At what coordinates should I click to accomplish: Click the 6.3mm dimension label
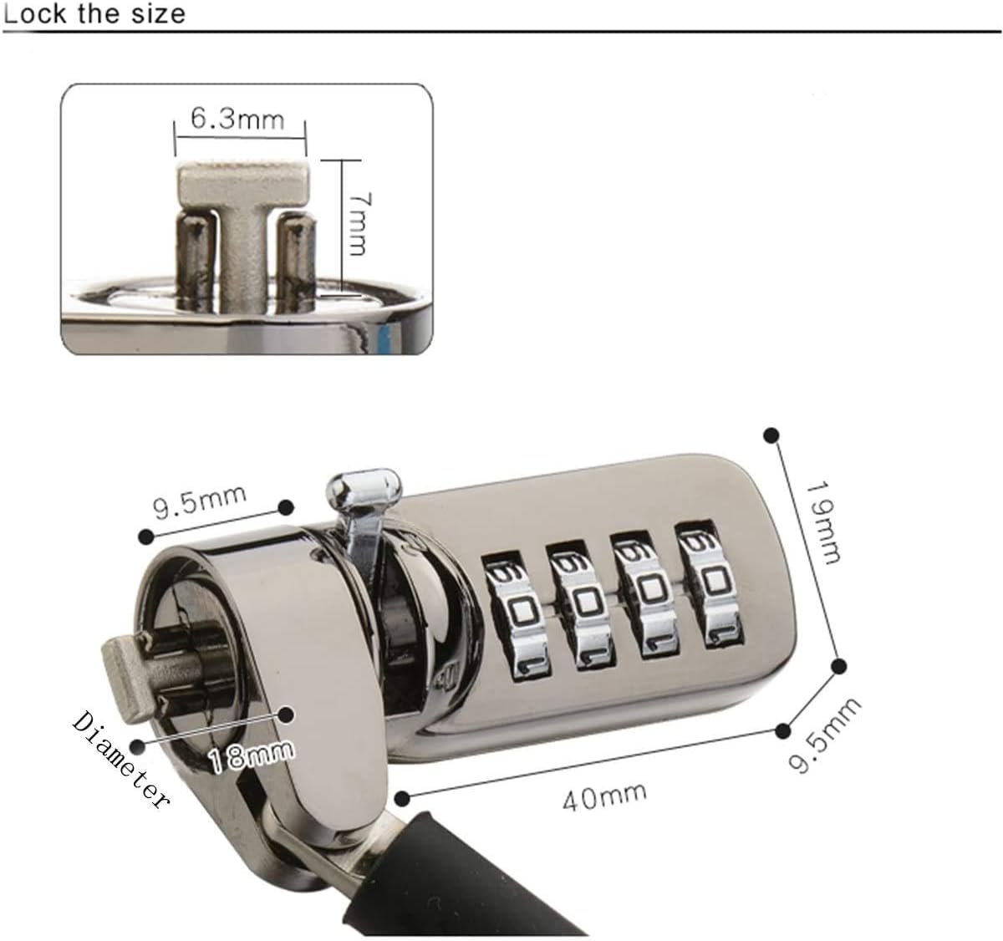(237, 120)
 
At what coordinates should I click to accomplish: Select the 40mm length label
(604, 796)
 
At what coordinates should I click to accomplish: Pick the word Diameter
(120, 760)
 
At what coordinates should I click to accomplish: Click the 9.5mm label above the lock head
(200, 501)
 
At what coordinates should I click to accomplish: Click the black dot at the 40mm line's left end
(401, 798)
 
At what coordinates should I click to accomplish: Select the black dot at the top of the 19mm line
(771, 435)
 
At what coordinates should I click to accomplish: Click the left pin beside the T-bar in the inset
(196, 257)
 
